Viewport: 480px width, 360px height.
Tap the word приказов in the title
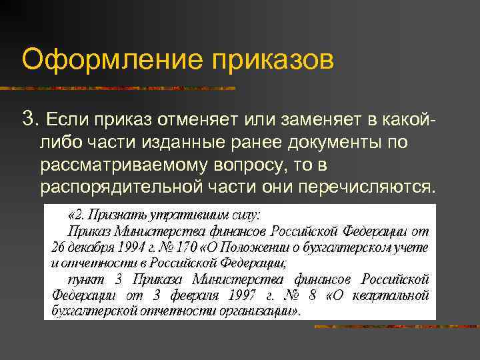tap(273, 60)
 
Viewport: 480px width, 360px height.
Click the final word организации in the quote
tap(257, 310)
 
